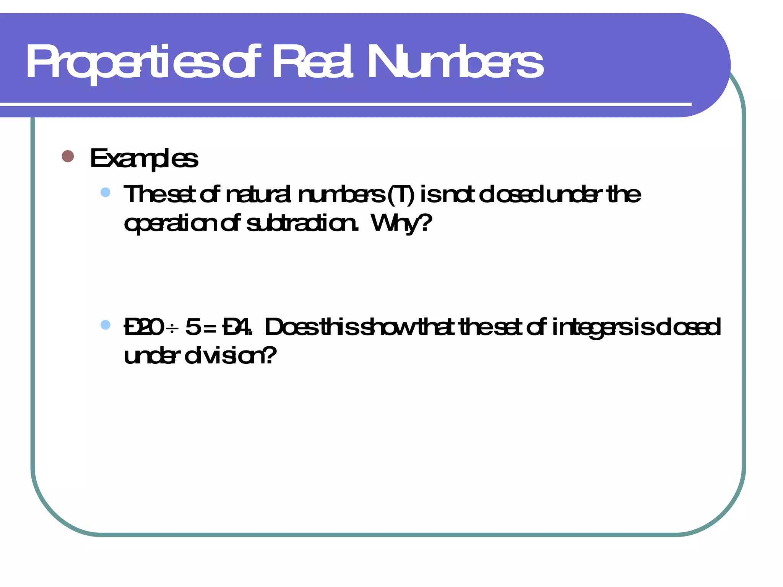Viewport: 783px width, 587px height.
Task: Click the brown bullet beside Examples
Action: (68, 156)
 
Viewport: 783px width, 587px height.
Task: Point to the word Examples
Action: (144, 158)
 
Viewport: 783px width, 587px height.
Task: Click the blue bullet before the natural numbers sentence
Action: (106, 192)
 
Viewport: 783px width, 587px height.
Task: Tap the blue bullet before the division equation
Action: (106, 325)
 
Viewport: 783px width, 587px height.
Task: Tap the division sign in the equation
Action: (172, 328)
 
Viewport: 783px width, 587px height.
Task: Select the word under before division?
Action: (151, 356)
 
